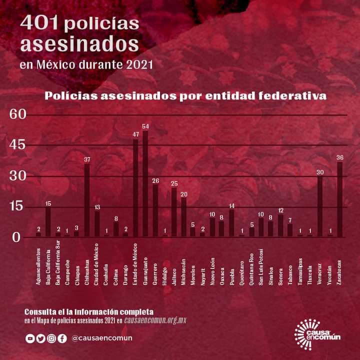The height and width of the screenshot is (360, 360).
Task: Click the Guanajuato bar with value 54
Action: click(x=145, y=183)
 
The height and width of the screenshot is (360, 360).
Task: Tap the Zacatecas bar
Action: click(x=340, y=199)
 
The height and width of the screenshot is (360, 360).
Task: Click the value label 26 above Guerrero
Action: click(x=155, y=180)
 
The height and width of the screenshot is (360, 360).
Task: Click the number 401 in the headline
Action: click(x=40, y=23)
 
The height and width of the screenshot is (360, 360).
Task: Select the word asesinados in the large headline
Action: click(x=79, y=44)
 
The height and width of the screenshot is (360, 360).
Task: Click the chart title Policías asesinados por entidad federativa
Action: click(x=185, y=95)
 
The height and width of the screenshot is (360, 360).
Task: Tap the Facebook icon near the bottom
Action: click(x=62, y=338)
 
